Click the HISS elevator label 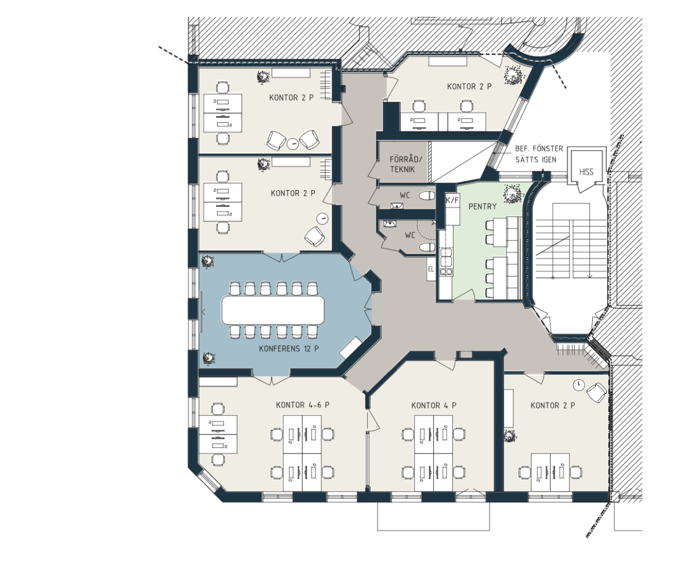coord(586,172)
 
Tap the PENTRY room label coord(483,206)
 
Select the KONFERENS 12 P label coord(289,349)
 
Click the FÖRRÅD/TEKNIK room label coord(405,164)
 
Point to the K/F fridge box coord(452,200)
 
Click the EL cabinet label coord(431,269)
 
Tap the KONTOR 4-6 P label coord(303,405)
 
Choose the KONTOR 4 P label coord(434,405)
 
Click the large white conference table coord(273,310)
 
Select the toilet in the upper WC coord(427,195)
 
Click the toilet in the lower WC coord(427,247)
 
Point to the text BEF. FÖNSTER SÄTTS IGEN coord(539,154)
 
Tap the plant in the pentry coord(512,193)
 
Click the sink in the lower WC coord(390,224)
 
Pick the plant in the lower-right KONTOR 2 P coord(510,436)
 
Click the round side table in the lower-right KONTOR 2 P coord(578,385)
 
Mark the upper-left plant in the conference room coord(208,262)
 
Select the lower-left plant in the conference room coord(208,358)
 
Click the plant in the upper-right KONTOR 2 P coord(514,75)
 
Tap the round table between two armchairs coord(293,144)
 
